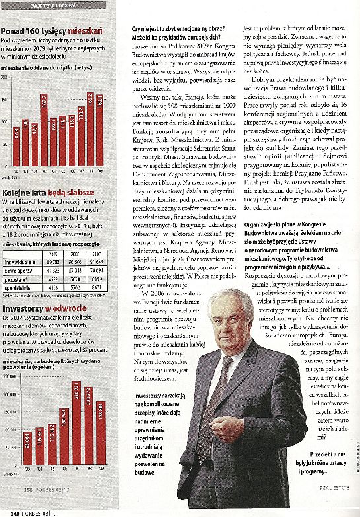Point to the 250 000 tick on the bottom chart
[9, 358]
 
